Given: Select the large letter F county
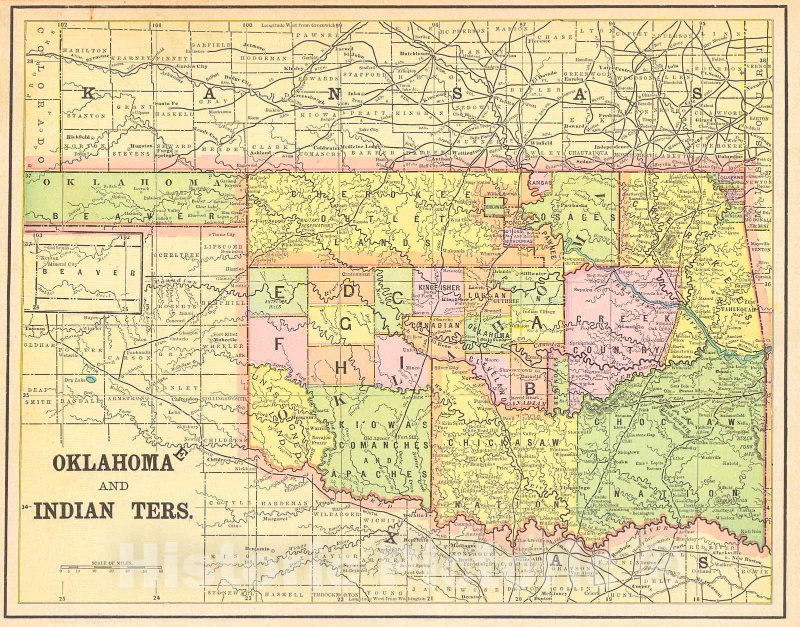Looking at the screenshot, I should point(278,342).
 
